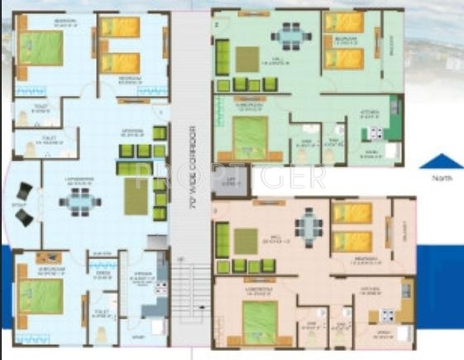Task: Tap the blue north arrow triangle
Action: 438,161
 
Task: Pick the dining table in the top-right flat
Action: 289,36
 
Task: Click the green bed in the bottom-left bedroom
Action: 41,294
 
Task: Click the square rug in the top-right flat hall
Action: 247,59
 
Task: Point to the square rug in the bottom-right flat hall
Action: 246,241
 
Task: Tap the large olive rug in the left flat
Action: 136,197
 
